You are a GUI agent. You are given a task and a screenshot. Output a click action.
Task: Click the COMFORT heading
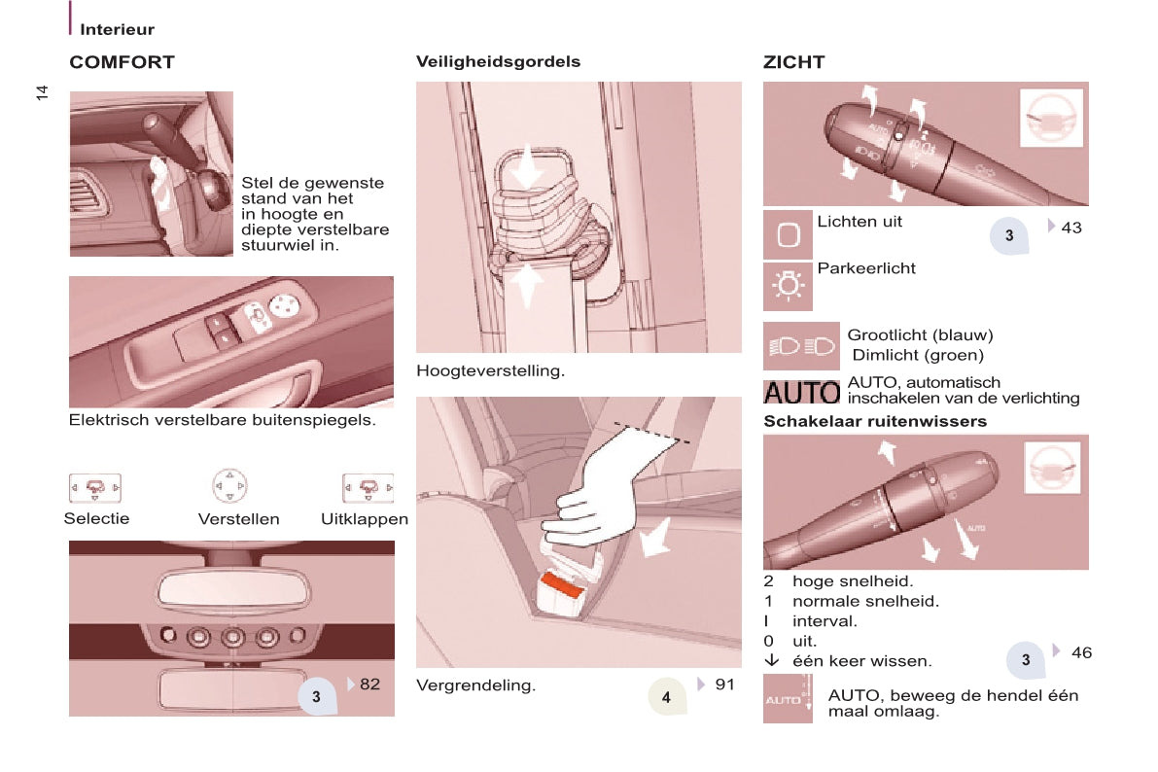tap(122, 62)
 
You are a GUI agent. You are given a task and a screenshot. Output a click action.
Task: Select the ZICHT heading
tap(794, 62)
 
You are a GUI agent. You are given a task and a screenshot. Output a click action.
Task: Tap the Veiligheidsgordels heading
tap(498, 62)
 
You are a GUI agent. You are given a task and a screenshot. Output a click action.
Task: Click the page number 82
tap(370, 684)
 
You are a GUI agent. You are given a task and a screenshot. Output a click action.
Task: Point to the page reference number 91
tap(724, 684)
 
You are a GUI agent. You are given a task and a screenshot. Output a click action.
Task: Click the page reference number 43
tap(1070, 228)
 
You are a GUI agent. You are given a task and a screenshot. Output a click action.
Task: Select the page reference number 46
tap(1081, 652)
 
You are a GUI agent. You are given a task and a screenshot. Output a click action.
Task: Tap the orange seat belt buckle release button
tap(564, 587)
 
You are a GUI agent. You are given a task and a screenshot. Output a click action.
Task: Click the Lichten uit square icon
tap(788, 235)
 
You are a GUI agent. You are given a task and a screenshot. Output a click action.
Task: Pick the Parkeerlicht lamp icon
tap(788, 285)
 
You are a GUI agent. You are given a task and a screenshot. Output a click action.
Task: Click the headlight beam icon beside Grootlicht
tap(801, 346)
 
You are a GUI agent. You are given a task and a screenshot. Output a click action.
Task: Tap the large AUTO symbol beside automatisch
tap(801, 392)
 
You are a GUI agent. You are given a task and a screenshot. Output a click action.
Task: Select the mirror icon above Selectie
tap(95, 487)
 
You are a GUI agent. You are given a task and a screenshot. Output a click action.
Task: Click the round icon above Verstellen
tap(229, 486)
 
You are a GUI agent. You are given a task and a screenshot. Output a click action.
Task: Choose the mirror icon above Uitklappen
tap(368, 487)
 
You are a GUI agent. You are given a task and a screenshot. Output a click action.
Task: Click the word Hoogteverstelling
tap(490, 370)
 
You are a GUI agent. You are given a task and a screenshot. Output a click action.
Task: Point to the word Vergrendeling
tap(475, 685)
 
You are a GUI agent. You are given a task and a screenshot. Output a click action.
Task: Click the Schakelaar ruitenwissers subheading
tap(875, 421)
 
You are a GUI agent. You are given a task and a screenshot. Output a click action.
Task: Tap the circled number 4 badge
tap(667, 696)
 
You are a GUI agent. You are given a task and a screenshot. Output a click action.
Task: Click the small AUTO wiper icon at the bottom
tap(788, 699)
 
